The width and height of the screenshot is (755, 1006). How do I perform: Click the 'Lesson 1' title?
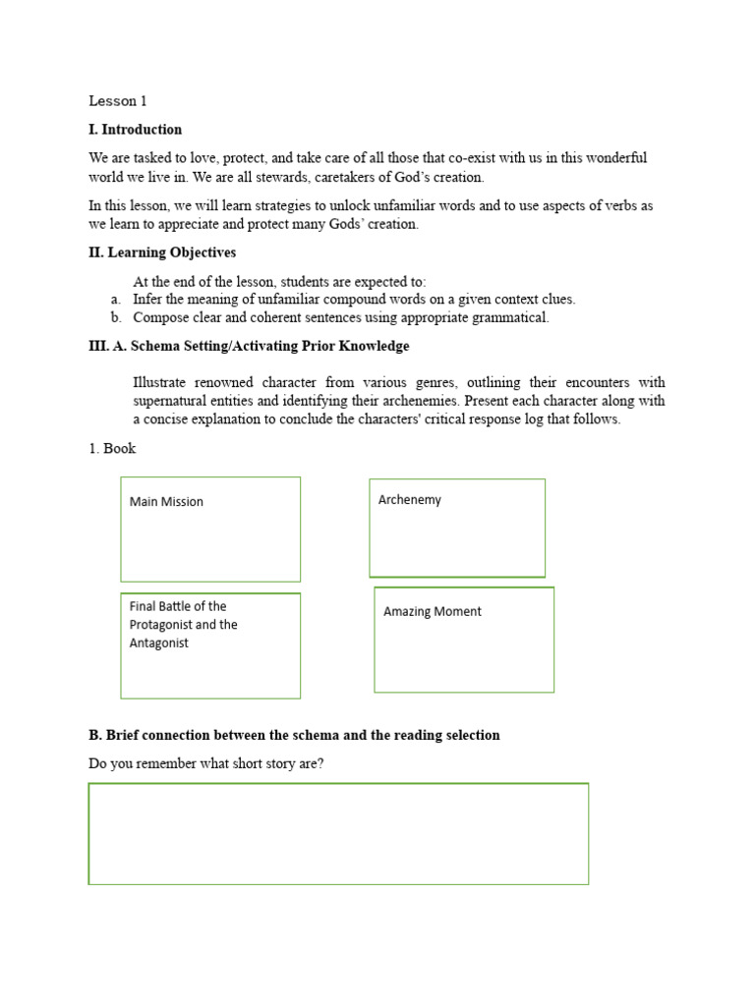(x=117, y=101)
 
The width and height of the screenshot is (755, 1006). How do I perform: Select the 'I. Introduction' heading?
(x=136, y=130)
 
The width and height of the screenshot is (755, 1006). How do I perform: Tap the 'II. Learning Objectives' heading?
(x=162, y=252)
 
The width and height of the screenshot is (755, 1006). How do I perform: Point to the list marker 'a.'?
(x=115, y=300)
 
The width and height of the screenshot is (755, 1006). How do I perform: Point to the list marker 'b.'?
(x=115, y=318)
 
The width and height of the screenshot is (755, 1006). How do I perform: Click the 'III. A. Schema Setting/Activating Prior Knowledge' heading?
(x=249, y=347)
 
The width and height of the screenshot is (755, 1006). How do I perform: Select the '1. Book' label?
(x=112, y=449)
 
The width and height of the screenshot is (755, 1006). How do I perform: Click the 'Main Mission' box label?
(x=166, y=502)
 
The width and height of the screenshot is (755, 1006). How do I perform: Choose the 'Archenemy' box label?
(x=410, y=500)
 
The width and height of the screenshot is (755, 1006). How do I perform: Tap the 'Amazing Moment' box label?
(x=433, y=612)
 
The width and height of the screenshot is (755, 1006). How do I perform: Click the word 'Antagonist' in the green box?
(x=159, y=643)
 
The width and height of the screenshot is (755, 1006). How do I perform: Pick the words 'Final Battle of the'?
(x=178, y=606)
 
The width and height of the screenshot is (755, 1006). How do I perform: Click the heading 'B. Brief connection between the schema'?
(x=294, y=735)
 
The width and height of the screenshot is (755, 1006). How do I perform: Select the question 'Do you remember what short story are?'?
(x=205, y=763)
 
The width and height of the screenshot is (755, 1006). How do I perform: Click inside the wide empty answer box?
(x=338, y=834)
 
